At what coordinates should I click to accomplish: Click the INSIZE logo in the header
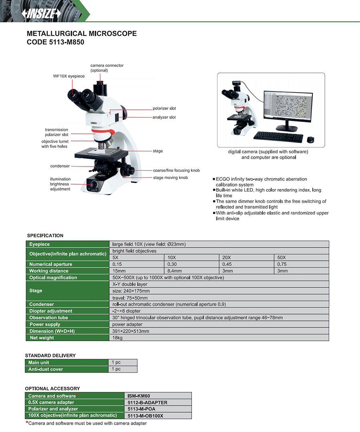(x=44, y=13)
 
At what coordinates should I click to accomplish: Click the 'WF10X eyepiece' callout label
(x=69, y=76)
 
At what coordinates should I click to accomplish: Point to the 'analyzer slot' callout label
(x=164, y=117)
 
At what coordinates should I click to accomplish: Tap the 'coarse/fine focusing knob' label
(x=176, y=171)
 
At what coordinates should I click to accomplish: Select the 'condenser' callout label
(x=60, y=166)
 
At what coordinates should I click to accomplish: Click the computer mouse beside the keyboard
(x=310, y=139)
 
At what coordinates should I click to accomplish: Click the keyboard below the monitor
(x=278, y=137)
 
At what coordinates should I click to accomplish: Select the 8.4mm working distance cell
(x=192, y=271)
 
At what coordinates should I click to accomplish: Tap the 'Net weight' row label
(x=41, y=338)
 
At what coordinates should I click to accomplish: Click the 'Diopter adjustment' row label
(x=51, y=311)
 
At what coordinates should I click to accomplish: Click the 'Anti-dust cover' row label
(x=46, y=369)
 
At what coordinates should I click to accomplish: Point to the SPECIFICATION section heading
(x=45, y=235)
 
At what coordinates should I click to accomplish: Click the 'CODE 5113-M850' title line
(x=55, y=42)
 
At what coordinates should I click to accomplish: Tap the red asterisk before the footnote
(x=27, y=423)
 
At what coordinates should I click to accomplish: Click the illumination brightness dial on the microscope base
(x=94, y=185)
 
